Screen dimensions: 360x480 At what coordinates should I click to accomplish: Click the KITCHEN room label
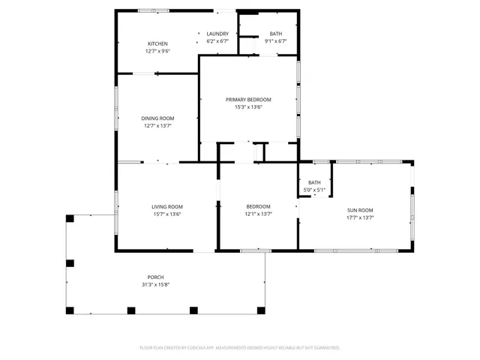point(157,43)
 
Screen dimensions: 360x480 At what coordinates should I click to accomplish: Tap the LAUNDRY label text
point(217,34)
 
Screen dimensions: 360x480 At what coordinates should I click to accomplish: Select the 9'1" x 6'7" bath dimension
point(276,41)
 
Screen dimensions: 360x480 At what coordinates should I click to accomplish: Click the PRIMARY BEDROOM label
point(248,99)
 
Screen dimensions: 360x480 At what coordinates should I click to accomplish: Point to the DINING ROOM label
point(157,118)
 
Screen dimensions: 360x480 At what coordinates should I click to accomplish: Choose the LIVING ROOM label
point(167,206)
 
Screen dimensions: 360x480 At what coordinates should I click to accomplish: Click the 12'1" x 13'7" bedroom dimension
point(259,214)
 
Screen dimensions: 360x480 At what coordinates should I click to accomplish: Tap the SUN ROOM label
point(360,210)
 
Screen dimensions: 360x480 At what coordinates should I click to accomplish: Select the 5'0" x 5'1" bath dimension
point(314,190)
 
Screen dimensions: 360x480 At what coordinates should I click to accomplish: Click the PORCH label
point(156,277)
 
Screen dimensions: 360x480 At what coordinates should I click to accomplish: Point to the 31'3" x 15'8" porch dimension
point(156,285)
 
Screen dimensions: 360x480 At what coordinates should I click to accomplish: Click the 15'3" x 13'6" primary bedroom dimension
point(248,106)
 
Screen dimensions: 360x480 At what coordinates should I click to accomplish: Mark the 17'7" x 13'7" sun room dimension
point(360,217)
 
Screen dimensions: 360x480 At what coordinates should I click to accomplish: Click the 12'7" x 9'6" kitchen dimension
point(157,51)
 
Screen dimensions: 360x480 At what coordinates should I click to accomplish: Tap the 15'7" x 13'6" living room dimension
point(167,214)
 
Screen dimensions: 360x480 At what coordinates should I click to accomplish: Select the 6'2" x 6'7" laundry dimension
point(217,41)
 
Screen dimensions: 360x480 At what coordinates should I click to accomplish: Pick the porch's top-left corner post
point(70,218)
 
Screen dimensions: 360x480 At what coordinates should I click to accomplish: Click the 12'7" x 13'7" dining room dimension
point(157,125)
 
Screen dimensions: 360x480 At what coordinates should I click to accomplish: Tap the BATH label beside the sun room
point(314,182)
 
